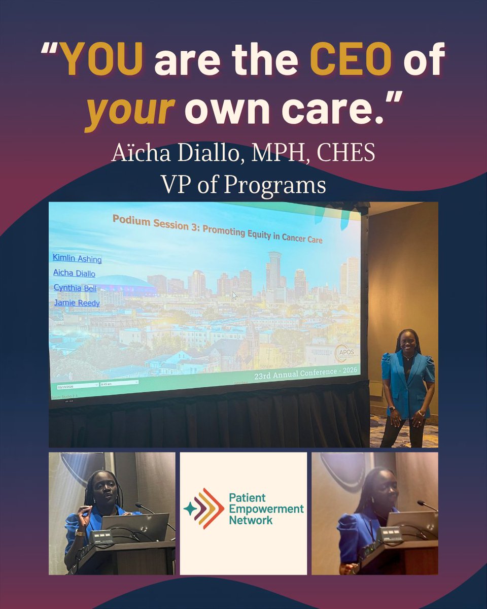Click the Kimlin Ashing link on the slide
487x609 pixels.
(77, 259)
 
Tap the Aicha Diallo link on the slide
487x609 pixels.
(74, 273)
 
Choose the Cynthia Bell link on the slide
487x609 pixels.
(75, 288)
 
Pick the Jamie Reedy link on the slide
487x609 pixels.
(77, 303)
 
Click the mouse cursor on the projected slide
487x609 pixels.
(234, 295)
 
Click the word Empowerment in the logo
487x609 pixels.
(266, 509)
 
